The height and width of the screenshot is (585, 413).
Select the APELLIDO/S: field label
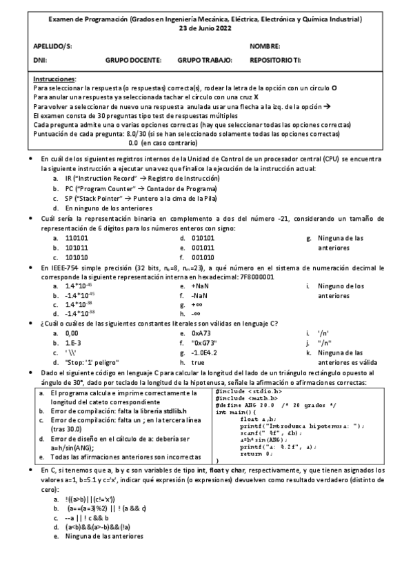tap(52, 47)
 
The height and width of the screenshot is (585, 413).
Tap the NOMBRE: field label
tap(265, 47)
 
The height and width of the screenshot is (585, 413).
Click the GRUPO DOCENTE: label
tap(133, 61)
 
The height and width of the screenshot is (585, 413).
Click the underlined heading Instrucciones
tap(54, 80)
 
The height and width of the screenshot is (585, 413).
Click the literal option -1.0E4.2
tap(205, 352)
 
